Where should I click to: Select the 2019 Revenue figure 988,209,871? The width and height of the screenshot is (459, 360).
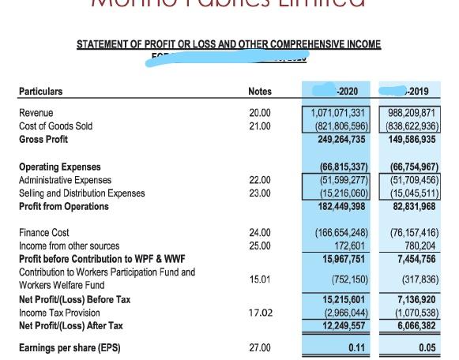(x=408, y=113)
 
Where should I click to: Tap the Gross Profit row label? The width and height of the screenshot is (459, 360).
(x=43, y=140)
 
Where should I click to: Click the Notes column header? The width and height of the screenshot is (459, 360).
(x=259, y=92)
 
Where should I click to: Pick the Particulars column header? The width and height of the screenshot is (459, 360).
(x=40, y=92)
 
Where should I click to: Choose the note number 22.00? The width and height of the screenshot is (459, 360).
(x=259, y=180)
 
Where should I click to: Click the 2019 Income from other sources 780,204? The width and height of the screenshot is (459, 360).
(x=418, y=246)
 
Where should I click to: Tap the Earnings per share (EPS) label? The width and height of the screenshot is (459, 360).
(x=70, y=347)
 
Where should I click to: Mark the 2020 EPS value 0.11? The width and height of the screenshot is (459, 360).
(x=356, y=347)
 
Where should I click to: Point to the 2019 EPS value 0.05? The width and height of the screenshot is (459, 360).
(x=427, y=347)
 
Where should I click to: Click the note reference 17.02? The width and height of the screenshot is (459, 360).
(x=260, y=313)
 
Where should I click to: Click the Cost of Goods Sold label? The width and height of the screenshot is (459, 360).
(x=55, y=126)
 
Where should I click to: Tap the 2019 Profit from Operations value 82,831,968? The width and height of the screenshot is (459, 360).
(x=410, y=207)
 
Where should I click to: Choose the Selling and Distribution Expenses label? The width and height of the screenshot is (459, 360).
(x=81, y=193)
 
